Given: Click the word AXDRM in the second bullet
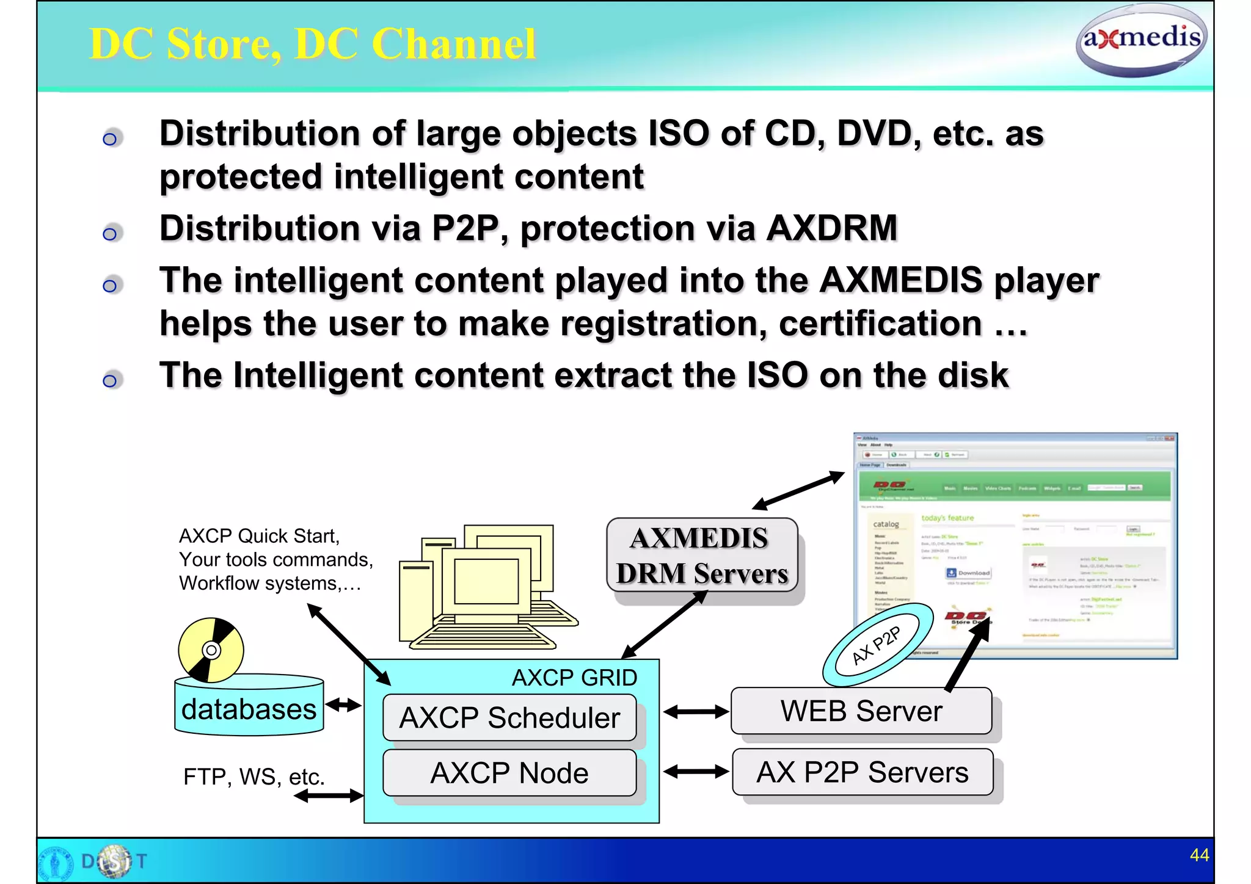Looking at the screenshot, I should (x=831, y=228).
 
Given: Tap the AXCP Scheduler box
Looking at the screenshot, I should (x=509, y=717).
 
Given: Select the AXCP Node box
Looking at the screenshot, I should (x=509, y=773).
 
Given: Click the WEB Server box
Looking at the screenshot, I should (x=861, y=711).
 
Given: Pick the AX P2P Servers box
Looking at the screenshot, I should (x=862, y=772).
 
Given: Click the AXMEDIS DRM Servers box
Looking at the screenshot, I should (x=702, y=555).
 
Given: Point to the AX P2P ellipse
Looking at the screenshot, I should (x=877, y=645).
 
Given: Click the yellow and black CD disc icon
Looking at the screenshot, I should (x=211, y=650).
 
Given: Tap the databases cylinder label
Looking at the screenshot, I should (x=249, y=709).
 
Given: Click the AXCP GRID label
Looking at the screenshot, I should (x=574, y=678).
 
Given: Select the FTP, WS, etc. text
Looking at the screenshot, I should (x=253, y=777).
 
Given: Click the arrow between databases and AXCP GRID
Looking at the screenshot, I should (x=343, y=706).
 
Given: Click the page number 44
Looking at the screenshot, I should (x=1199, y=855).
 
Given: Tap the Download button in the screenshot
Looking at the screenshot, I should (x=968, y=573).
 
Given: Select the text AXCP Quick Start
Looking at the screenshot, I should (x=258, y=536).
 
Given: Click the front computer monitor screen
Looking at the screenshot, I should (x=486, y=581).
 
